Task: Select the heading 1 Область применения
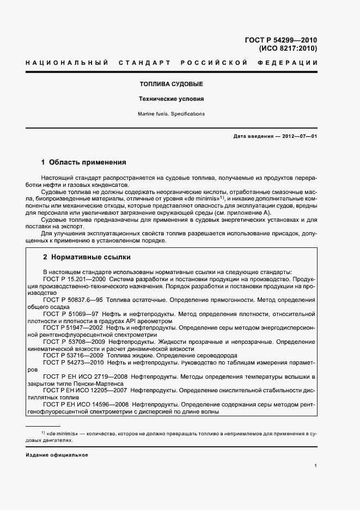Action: tap(84, 162)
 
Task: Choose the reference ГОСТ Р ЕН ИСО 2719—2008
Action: tap(86, 377)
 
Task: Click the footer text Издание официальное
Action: tap(57, 454)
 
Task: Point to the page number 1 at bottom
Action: tap(315, 466)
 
